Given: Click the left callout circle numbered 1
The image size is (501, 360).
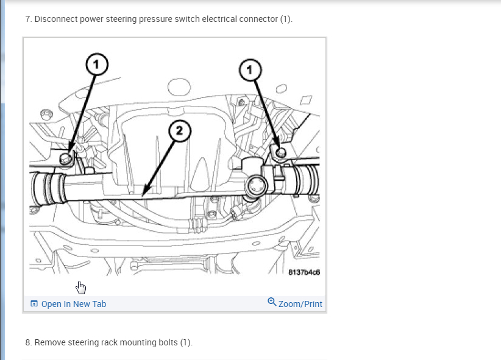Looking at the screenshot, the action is pos(97,64).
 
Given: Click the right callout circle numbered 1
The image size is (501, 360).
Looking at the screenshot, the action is pos(250,70).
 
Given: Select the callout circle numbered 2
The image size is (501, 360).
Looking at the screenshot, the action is pos(180,130).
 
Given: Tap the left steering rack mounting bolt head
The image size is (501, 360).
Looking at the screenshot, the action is pos(66,158).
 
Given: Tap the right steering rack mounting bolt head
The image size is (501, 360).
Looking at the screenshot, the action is pos(281,152).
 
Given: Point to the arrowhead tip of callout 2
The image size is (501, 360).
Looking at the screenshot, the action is pos(142,196).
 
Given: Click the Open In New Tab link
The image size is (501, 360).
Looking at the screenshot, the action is pos(74,304).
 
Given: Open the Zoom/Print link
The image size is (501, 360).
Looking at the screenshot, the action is pos(300,304).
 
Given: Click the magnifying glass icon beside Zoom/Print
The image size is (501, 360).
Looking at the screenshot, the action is pos(272,302).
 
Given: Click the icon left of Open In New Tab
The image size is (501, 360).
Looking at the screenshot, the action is pos(34,303).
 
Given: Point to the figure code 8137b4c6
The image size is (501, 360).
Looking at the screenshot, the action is pos(304,272).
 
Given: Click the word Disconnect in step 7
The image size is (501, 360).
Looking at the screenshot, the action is pos(56,19).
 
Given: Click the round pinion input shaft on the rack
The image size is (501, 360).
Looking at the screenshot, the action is pos(257,186).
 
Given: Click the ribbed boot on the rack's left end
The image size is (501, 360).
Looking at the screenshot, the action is pos(49,188).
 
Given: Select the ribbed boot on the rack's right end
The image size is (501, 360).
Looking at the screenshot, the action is pos(306,180).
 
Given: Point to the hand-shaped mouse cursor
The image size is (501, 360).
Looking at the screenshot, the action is pos(80,288).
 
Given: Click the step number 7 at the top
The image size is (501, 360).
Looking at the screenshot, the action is pos(28,19).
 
